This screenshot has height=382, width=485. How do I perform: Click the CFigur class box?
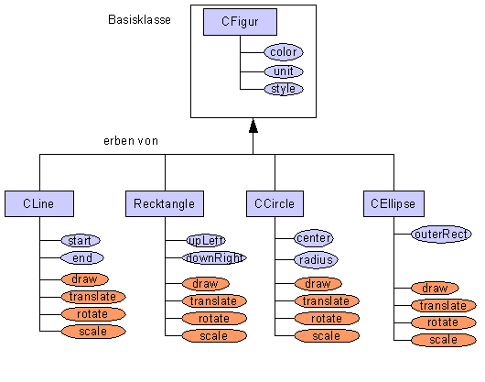(240, 22)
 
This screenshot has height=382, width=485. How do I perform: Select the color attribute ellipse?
(284, 52)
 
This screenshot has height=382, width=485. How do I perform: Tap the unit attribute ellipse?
(284, 71)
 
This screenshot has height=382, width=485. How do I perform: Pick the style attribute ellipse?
(284, 89)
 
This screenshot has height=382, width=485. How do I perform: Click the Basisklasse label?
(139, 20)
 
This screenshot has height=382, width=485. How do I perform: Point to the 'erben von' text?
(131, 141)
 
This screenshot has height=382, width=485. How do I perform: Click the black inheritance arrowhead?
(253, 126)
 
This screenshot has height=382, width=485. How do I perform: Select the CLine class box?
(39, 203)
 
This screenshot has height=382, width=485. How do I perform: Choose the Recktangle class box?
(165, 203)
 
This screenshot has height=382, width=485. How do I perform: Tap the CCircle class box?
(275, 203)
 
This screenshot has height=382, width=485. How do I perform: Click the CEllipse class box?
(393, 203)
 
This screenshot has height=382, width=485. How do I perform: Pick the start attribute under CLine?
(81, 241)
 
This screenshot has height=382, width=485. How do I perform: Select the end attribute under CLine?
(82, 257)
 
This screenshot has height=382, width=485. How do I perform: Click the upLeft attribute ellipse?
(206, 241)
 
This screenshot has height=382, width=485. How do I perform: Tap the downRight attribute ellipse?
(214, 257)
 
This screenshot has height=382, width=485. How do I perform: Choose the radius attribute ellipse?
(316, 260)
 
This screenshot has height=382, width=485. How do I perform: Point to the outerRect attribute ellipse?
(441, 234)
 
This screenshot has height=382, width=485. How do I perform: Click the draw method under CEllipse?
(435, 289)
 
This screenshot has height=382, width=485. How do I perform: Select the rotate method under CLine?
(93, 314)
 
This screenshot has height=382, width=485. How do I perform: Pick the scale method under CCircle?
(327, 336)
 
